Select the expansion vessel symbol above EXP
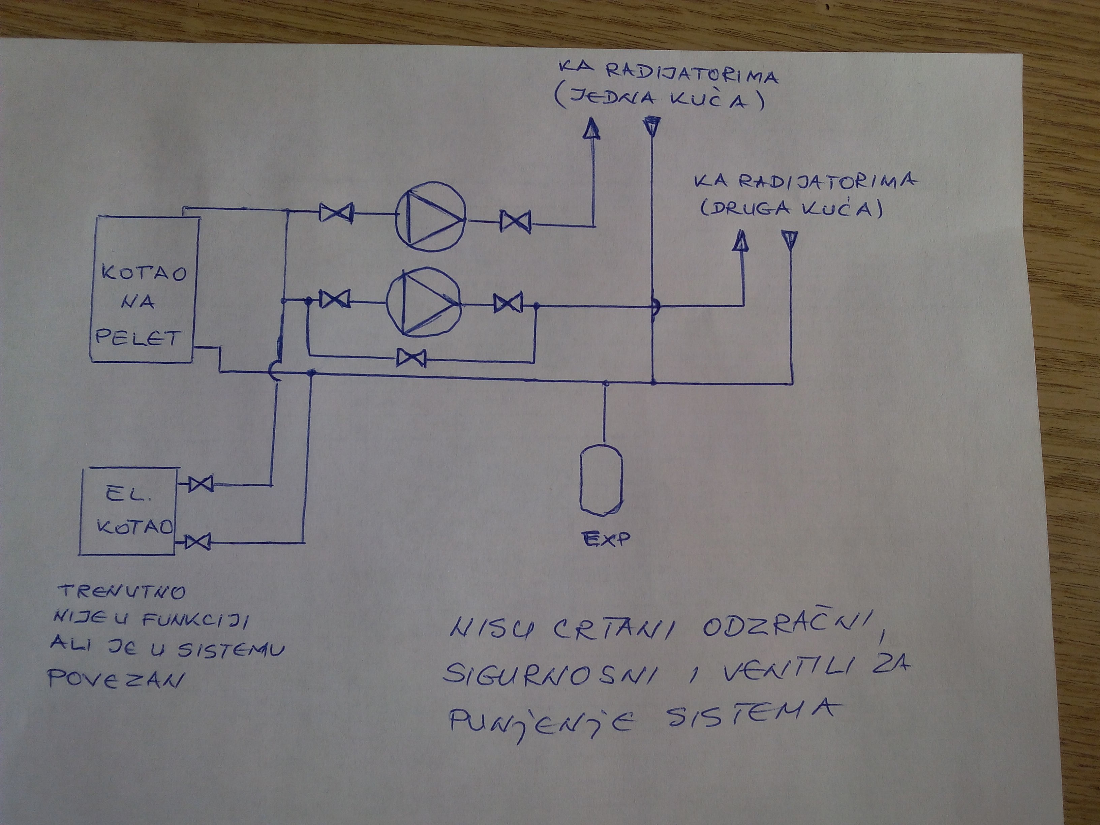click(x=601, y=480)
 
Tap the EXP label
click(x=605, y=539)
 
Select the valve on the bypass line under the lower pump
click(x=411, y=358)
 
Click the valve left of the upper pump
click(x=336, y=213)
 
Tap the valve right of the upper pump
click(x=515, y=221)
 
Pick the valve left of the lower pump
click(x=335, y=299)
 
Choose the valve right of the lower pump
click(x=508, y=303)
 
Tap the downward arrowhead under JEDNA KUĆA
click(x=652, y=126)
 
